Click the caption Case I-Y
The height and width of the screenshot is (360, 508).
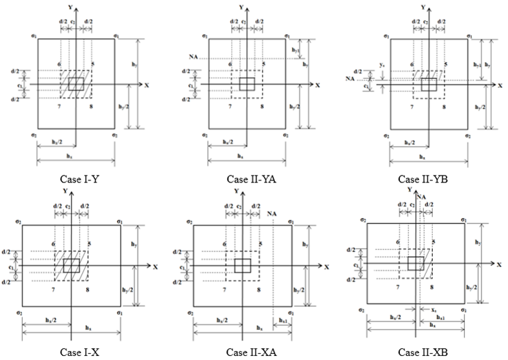77,179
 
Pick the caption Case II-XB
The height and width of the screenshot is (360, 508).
420,352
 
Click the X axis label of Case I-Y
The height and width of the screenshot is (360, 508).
146,85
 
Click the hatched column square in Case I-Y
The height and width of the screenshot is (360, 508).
76,84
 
